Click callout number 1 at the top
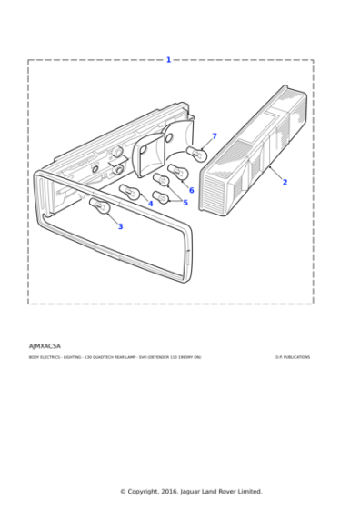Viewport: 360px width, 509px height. click(168, 60)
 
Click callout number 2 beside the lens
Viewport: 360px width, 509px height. click(285, 182)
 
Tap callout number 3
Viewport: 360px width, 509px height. click(120, 226)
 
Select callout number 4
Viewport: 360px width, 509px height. click(151, 204)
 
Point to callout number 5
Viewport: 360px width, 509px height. click(185, 202)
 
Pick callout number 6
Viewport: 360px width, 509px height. click(191, 190)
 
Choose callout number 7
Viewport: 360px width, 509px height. click(215, 136)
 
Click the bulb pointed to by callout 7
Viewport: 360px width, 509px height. click(195, 153)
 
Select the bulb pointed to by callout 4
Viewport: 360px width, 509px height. click(129, 191)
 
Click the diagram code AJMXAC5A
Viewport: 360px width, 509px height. click(45, 346)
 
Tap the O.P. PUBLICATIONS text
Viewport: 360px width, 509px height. click(293, 357)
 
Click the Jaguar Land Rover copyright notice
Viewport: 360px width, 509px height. click(191, 491)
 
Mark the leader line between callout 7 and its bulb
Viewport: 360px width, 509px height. click(206, 144)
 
